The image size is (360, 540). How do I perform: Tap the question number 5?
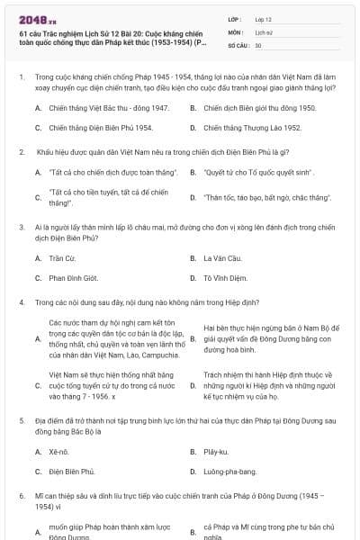pyautogui.click(x=21, y=420)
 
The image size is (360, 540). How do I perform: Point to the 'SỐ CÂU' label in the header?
pyautogui.click(x=238, y=44)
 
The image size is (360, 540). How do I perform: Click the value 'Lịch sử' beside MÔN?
pyautogui.click(x=264, y=31)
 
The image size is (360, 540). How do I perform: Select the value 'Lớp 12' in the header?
pyautogui.click(x=263, y=18)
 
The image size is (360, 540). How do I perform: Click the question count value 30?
pyautogui.click(x=258, y=44)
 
